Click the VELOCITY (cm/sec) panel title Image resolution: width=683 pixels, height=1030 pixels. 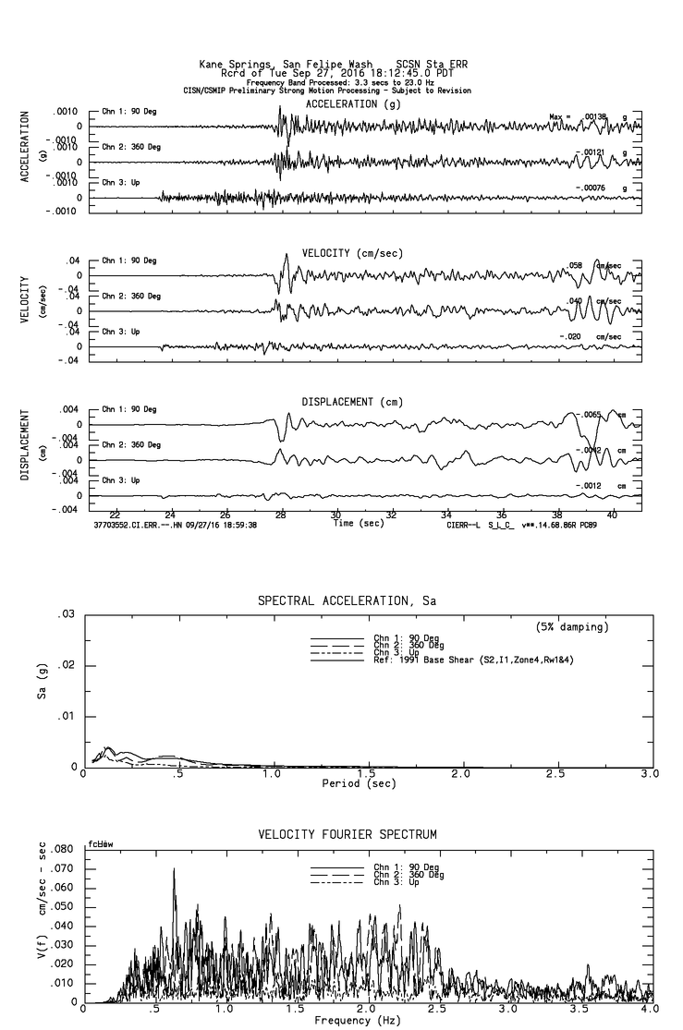tap(340, 253)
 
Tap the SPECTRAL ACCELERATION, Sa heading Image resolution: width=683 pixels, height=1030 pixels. tap(347, 600)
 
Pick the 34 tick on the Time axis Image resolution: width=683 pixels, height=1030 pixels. tap(446, 515)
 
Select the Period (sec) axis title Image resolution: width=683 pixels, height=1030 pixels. tap(360, 783)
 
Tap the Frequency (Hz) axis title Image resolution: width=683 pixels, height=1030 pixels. tap(360, 1020)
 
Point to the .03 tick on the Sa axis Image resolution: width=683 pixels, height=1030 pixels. tap(66, 614)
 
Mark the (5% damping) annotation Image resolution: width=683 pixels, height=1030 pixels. tap(571, 626)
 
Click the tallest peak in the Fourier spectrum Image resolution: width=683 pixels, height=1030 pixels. tap(174, 869)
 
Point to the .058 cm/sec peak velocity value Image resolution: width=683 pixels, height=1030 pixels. tap(576, 265)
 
